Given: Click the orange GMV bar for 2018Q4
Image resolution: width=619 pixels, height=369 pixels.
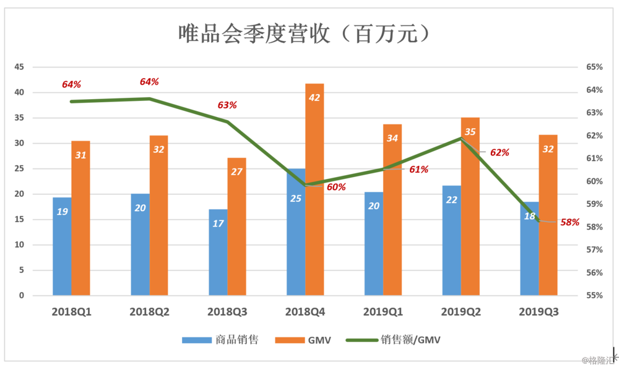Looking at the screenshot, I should [x=314, y=198].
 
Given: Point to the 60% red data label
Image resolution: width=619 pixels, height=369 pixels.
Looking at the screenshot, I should [x=336, y=187].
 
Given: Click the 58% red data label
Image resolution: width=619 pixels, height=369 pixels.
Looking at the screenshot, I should [x=569, y=222].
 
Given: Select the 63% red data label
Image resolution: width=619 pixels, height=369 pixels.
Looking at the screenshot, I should [x=227, y=105].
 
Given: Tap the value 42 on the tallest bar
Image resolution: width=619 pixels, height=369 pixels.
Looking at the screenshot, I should [x=314, y=97].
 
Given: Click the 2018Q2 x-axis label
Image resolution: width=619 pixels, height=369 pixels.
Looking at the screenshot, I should [x=149, y=313].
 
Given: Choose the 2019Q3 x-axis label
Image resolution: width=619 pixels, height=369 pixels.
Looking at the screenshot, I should [x=539, y=313].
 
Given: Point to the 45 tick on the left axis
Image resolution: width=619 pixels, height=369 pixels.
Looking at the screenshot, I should [x=20, y=67].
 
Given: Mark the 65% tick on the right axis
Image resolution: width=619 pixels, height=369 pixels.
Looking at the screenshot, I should [x=594, y=67].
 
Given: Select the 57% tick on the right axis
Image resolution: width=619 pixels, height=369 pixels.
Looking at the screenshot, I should [x=594, y=250].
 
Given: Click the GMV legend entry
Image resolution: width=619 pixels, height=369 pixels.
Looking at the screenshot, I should [x=306, y=340].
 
